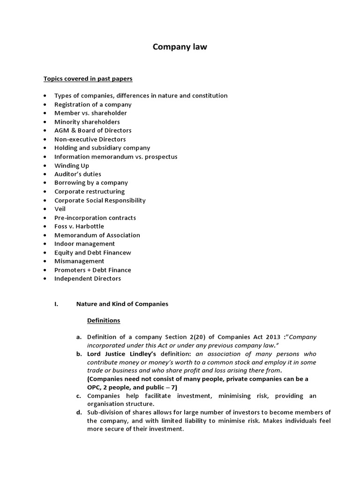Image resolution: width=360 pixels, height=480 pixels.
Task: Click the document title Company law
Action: tap(180, 47)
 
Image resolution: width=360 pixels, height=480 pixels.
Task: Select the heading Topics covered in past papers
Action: tap(88, 78)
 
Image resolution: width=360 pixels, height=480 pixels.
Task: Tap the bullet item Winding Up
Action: tap(71, 165)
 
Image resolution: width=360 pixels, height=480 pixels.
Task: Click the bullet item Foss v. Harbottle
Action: tap(79, 226)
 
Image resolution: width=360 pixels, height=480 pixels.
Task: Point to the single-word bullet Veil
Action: tap(60, 209)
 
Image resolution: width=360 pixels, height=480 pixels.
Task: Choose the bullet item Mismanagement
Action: tap(79, 261)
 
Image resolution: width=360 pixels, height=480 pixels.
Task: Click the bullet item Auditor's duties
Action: tap(77, 174)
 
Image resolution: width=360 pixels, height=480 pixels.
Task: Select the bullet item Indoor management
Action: tap(84, 244)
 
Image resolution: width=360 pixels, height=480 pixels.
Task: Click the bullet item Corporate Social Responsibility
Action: tap(100, 200)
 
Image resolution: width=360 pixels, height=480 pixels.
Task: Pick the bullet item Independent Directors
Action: tap(87, 278)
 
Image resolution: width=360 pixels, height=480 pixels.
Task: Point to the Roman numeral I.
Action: tap(56, 304)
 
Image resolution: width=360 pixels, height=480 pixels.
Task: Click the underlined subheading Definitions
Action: tap(104, 321)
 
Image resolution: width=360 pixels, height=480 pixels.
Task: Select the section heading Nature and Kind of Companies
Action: tap(122, 304)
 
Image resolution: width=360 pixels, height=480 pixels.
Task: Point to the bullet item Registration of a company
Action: tap(93, 105)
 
